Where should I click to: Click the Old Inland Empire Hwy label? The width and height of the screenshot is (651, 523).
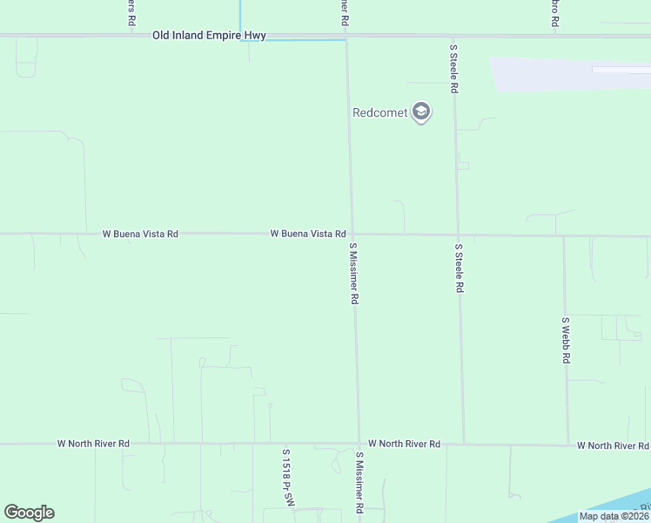click(208, 36)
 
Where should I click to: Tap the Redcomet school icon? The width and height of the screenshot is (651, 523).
click(421, 112)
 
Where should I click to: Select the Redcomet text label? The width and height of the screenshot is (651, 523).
click(380, 112)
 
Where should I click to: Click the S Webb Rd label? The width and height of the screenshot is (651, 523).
click(566, 339)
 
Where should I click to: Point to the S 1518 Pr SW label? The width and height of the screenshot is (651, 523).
click(285, 479)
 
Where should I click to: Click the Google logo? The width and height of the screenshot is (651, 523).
click(29, 513)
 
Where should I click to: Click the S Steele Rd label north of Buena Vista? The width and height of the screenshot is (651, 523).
click(453, 69)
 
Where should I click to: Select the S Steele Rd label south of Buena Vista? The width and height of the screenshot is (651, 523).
click(459, 268)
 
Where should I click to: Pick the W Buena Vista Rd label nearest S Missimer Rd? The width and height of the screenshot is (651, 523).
click(308, 234)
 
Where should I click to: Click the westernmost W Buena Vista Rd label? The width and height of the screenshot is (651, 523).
click(140, 234)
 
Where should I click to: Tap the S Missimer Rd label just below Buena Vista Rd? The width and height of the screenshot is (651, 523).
click(354, 273)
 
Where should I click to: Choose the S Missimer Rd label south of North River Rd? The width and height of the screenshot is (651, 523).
click(359, 481)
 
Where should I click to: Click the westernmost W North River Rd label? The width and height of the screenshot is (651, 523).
click(93, 443)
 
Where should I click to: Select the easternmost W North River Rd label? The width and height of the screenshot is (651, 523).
click(613, 445)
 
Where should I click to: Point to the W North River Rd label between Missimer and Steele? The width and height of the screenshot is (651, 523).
click(404, 444)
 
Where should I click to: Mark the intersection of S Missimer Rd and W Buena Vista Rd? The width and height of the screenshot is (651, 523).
click(352, 234)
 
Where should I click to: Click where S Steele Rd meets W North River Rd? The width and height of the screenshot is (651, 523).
click(464, 444)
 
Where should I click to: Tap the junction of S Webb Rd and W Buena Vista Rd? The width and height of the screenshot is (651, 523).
click(564, 236)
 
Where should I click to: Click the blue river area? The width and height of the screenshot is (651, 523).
click(609, 506)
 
